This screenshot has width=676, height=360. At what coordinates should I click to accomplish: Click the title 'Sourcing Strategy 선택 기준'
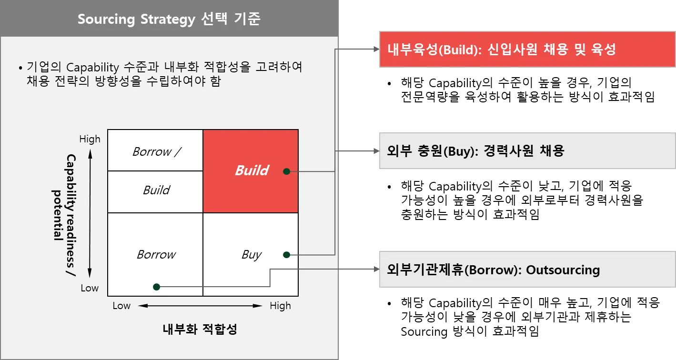169,20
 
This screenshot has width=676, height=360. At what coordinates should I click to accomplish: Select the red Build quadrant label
252,170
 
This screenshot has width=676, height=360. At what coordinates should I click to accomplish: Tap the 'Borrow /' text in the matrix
157,151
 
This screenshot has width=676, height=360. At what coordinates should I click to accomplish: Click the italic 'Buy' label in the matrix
252,255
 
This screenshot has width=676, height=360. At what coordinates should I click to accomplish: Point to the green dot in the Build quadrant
286,171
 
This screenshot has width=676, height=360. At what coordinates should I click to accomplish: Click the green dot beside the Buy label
286,255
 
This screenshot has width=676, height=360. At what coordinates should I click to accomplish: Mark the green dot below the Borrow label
156,287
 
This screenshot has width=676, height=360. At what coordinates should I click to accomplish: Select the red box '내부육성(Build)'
526,50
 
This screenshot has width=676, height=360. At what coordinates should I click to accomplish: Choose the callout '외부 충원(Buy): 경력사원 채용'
526,151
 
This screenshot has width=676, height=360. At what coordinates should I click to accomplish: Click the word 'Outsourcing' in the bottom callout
563,270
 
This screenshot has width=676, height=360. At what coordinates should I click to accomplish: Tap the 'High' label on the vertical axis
90,139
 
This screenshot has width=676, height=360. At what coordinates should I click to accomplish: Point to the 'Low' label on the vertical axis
90,288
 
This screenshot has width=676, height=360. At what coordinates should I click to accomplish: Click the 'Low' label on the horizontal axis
121,306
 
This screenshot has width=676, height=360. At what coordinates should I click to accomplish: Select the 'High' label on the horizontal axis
280,306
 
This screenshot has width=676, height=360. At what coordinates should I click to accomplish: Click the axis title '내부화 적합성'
200,329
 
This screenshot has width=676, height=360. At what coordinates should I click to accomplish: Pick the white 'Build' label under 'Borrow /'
156,190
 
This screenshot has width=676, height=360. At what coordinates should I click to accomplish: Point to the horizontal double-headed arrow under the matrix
200,306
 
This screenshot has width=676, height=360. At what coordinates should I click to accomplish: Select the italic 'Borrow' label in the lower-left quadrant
156,255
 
